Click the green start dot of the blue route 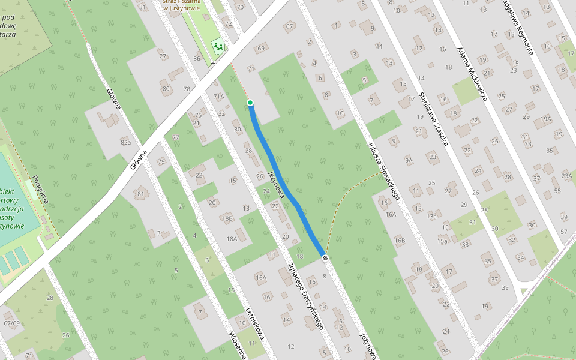click(250, 103)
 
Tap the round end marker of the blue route click(325, 257)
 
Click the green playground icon click(218, 46)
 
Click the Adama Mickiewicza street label click(472, 74)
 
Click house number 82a click(125, 142)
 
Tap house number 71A click(218, 96)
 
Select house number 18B click(227, 218)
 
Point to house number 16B click(400, 241)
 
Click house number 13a click(431, 216)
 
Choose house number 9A click(409, 160)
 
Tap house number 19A click(545, 119)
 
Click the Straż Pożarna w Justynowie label click(181, 5)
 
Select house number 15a click(443, 241)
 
